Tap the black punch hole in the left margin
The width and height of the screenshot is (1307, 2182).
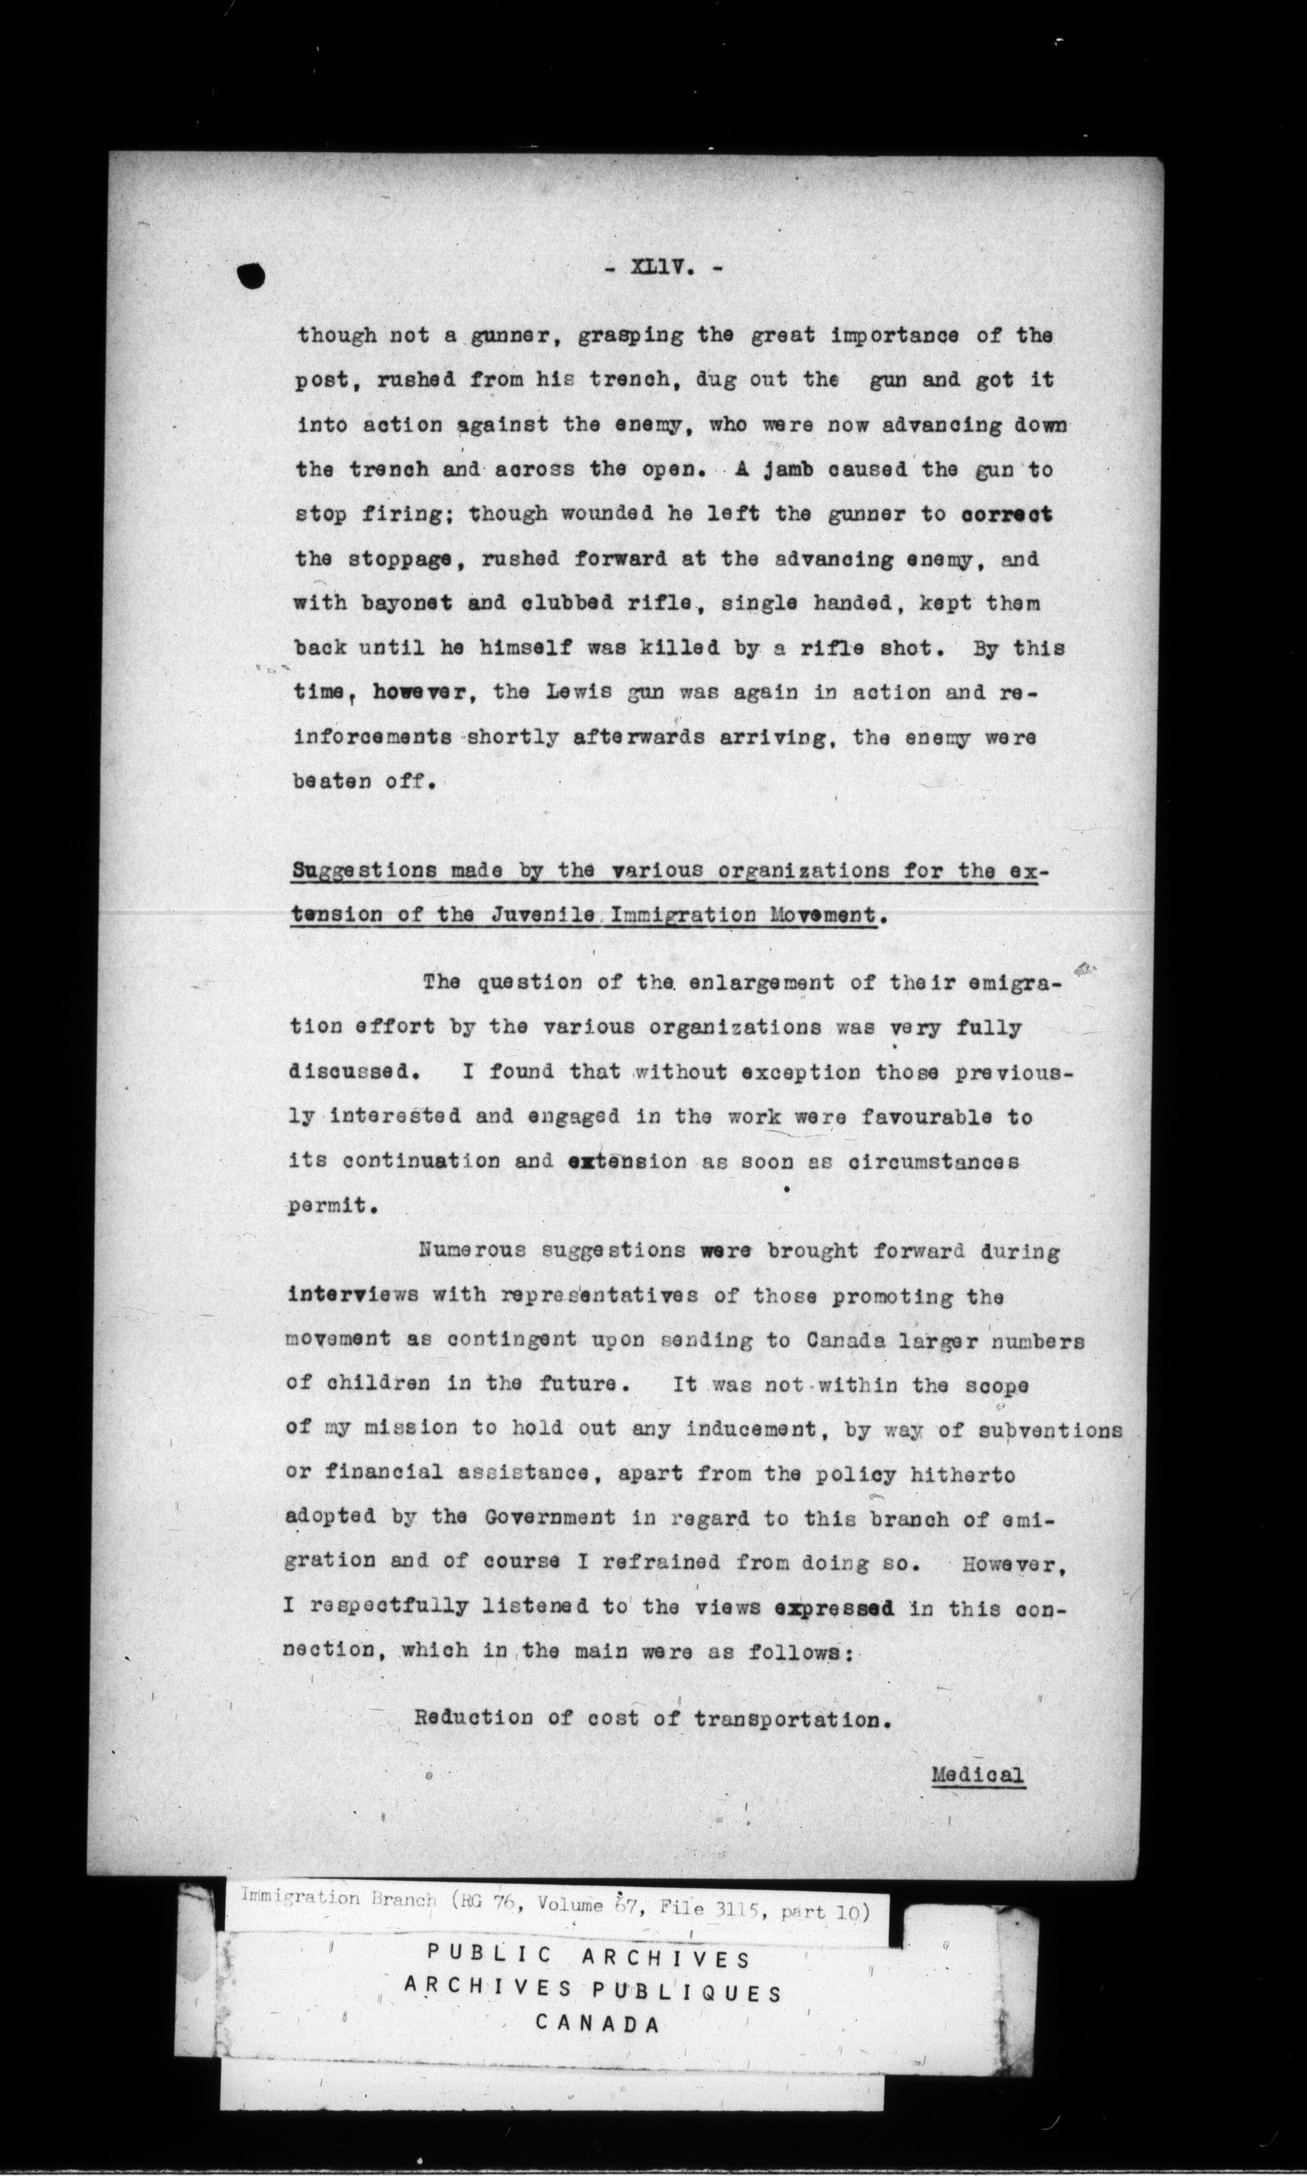(x=251, y=276)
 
